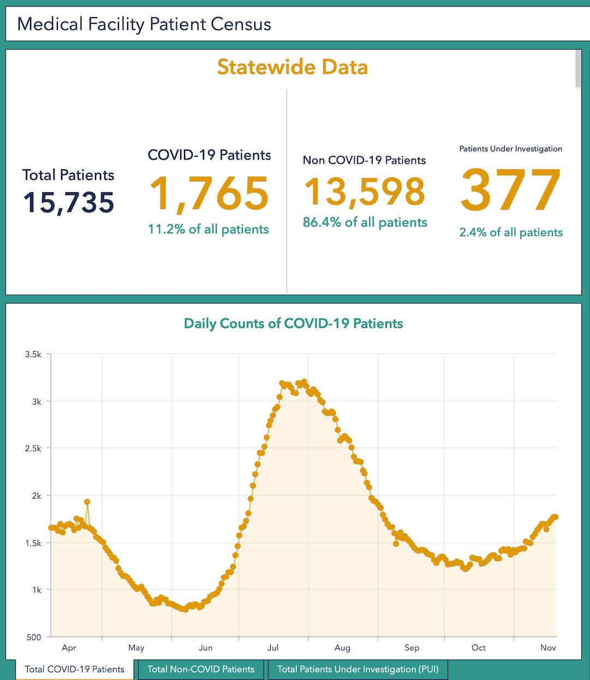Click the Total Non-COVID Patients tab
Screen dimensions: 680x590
click(x=201, y=669)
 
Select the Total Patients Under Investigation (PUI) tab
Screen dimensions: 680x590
click(x=357, y=669)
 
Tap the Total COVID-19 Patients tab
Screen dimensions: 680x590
click(x=75, y=669)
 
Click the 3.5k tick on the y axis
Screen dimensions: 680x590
click(x=33, y=354)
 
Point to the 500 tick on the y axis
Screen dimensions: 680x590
click(x=33, y=637)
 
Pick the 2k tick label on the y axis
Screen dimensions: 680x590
click(x=37, y=496)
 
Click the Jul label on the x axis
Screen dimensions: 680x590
click(x=273, y=648)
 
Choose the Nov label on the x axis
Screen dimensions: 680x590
click(x=548, y=648)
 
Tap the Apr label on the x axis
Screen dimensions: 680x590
click(x=69, y=648)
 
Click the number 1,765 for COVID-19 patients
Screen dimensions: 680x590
click(x=209, y=194)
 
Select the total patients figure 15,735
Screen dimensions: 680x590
click(x=69, y=203)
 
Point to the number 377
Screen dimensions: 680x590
click(x=511, y=190)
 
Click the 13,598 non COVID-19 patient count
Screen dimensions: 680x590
click(x=365, y=192)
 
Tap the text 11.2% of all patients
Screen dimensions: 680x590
click(x=208, y=229)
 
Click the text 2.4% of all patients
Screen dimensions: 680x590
click(x=511, y=233)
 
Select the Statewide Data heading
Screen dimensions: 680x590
click(x=293, y=67)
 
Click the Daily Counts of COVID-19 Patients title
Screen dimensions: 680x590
click(x=294, y=323)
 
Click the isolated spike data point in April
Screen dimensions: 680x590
click(x=87, y=501)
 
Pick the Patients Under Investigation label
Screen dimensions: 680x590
click(x=510, y=149)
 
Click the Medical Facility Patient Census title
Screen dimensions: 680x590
click(x=144, y=24)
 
